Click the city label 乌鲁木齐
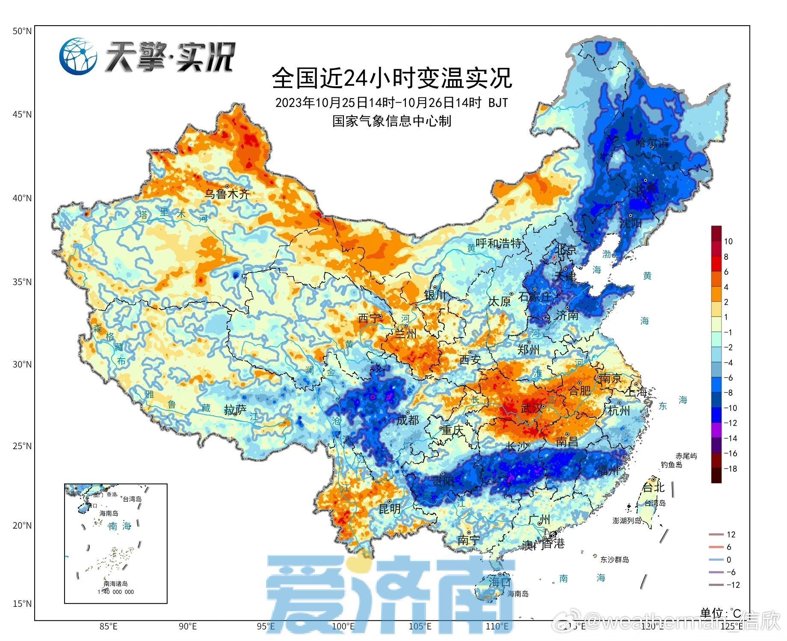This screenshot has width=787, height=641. coord(227,194)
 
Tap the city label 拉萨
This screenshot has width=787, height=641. coord(235,410)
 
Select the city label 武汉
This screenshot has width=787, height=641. coord(532,409)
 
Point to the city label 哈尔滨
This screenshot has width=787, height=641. coord(652,142)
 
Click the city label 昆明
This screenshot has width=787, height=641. coord(390,509)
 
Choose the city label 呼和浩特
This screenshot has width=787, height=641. coord(499,244)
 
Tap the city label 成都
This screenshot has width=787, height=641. coord(408,420)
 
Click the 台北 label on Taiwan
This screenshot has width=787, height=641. coord(654,487)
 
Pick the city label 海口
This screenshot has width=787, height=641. coord(500,582)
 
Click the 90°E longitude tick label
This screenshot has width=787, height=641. coord(187,626)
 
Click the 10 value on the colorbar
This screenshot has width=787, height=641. coord(728,241)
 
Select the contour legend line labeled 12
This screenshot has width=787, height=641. coord(716,534)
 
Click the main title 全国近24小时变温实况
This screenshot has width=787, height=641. coord(392,78)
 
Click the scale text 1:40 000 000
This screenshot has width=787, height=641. coord(115,592)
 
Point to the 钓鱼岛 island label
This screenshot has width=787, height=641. coord(671,465)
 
